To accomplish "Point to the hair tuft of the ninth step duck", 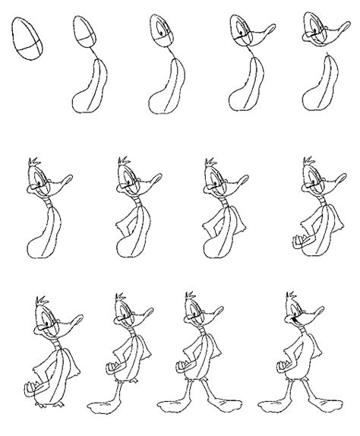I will point(309,164).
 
